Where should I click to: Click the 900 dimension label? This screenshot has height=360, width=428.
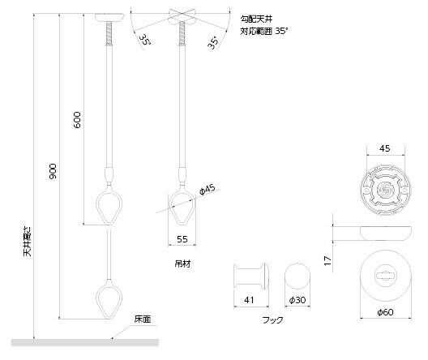tap(52, 172)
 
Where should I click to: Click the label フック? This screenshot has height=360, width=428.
tap(272, 320)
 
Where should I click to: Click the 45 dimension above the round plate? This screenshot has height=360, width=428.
tap(383, 148)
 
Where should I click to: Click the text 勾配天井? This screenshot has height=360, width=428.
tap(252, 16)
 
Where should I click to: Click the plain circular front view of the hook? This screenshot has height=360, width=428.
tap(298, 276)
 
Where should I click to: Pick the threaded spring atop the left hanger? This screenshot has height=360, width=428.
tap(107, 36)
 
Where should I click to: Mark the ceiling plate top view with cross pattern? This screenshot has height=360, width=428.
tap(383, 187)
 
